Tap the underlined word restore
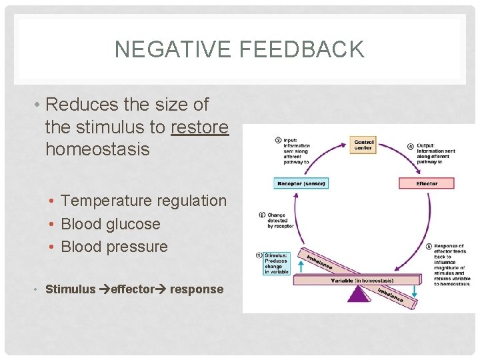click(200, 127)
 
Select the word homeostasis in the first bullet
click(97, 149)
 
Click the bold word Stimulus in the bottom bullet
click(70, 289)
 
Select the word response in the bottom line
click(197, 289)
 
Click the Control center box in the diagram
click(363, 145)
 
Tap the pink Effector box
click(427, 183)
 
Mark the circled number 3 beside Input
click(278, 140)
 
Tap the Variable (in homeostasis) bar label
click(362, 281)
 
